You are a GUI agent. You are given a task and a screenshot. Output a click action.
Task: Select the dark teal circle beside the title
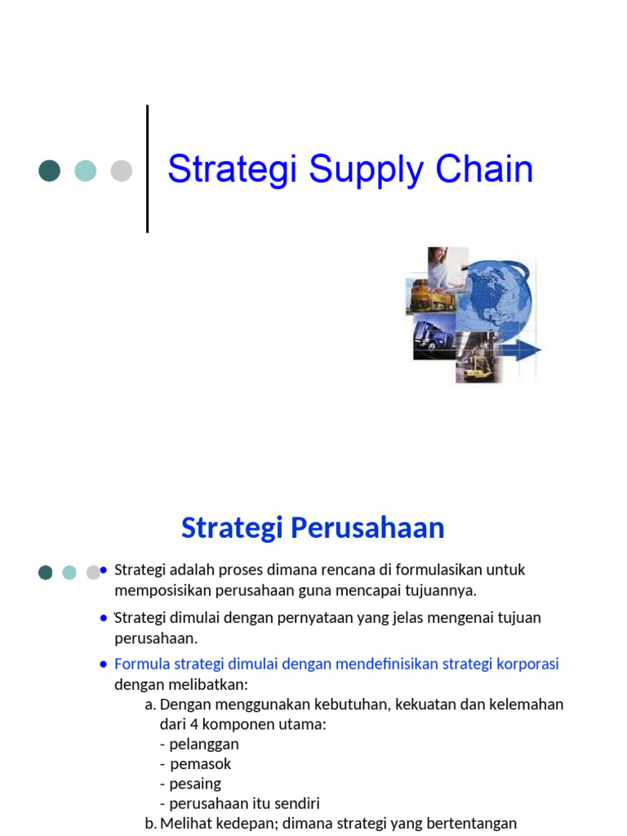(x=50, y=171)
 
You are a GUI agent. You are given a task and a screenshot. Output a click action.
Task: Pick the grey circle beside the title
(x=121, y=171)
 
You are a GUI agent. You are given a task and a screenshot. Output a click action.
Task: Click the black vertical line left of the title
(x=148, y=169)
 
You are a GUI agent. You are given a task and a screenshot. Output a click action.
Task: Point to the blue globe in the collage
(x=493, y=301)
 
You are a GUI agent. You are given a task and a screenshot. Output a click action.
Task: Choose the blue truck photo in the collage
(x=429, y=337)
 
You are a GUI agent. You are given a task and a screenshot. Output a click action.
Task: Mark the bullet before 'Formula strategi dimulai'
(x=104, y=664)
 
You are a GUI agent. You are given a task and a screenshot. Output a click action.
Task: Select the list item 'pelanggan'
(x=204, y=744)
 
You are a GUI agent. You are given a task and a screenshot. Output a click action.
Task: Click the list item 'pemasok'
(x=201, y=763)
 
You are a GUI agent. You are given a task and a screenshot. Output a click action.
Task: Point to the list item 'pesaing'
(x=195, y=784)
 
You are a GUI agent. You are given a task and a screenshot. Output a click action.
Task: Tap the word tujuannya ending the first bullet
(x=436, y=589)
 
